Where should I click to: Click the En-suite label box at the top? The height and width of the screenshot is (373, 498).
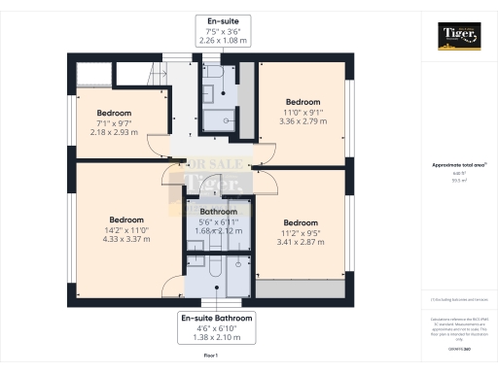click(x=223, y=30)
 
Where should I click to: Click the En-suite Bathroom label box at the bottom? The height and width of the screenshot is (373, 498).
click(x=217, y=328)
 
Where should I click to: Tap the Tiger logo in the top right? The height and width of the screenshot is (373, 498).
click(x=458, y=37)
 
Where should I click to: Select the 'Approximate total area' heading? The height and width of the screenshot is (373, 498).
click(x=458, y=165)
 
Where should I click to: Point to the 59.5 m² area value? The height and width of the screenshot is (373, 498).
click(x=458, y=181)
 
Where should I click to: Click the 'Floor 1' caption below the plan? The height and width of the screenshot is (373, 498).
click(x=210, y=357)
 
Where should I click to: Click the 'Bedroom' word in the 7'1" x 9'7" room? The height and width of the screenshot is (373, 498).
click(x=114, y=114)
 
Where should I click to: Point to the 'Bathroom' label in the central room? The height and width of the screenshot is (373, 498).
click(x=218, y=212)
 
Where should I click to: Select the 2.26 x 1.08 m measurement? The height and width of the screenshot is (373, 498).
click(x=223, y=41)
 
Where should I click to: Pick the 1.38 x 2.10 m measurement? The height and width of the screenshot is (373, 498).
click(x=217, y=339)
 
